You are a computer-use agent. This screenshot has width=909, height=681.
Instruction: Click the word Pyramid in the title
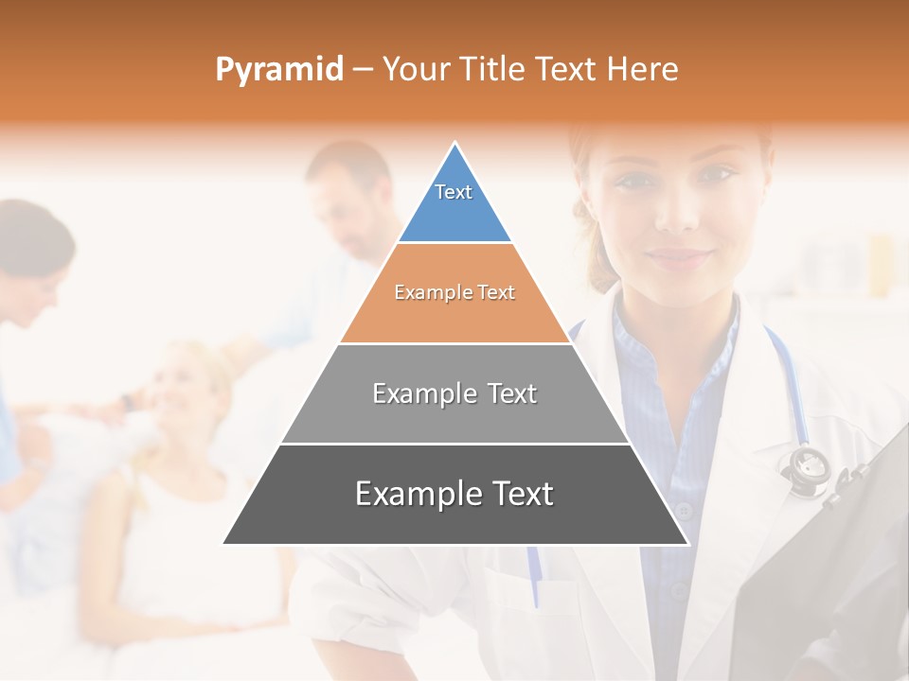point(278,70)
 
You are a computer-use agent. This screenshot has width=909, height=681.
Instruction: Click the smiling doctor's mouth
point(680,257)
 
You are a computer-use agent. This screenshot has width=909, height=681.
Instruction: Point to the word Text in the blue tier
point(454,192)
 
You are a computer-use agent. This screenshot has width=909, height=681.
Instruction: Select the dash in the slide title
point(363,70)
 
